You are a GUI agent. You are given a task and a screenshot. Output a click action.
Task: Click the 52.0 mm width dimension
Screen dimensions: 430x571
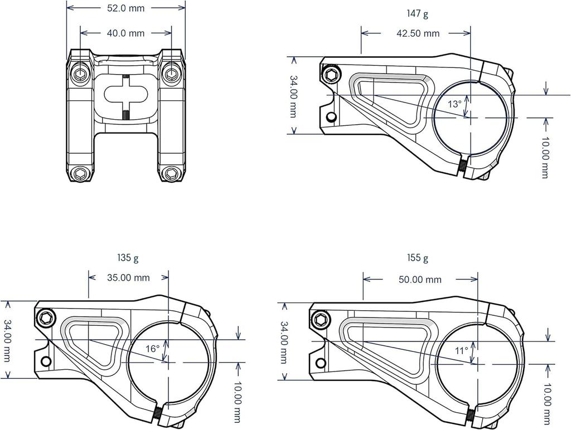pos(126,8)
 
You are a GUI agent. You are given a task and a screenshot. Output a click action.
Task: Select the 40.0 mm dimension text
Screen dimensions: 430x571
pos(125,33)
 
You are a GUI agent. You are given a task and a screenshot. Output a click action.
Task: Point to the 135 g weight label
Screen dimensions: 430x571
pos(128,258)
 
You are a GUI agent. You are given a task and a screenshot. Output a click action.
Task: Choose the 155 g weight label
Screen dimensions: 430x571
pos(418,258)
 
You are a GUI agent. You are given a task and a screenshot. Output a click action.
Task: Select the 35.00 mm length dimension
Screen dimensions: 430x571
pos(128,277)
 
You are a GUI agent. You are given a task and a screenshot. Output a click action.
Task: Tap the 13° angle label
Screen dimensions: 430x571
pos(454,104)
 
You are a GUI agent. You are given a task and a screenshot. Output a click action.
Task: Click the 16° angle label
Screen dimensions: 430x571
pos(153,349)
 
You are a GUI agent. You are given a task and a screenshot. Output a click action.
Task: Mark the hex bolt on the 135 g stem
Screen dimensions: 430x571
pos(47,319)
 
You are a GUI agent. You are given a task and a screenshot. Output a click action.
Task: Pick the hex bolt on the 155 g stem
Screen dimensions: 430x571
pos(321,319)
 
